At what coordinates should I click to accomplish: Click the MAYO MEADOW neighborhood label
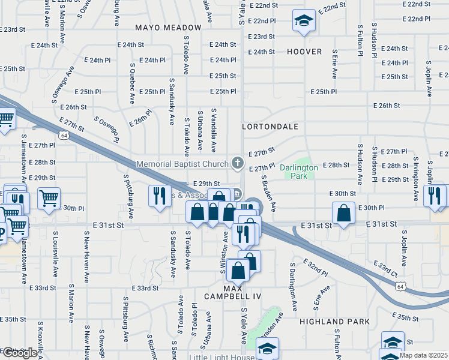(x=168, y=28)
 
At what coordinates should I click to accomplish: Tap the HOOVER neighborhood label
(x=304, y=52)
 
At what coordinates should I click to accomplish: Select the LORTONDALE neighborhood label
(x=270, y=127)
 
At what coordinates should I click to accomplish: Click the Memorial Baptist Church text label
(x=182, y=163)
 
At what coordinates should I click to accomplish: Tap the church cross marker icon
(x=238, y=163)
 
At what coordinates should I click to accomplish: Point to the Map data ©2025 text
(x=424, y=355)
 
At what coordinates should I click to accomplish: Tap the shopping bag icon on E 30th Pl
(x=342, y=213)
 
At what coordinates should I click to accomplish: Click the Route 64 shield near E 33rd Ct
(x=400, y=287)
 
